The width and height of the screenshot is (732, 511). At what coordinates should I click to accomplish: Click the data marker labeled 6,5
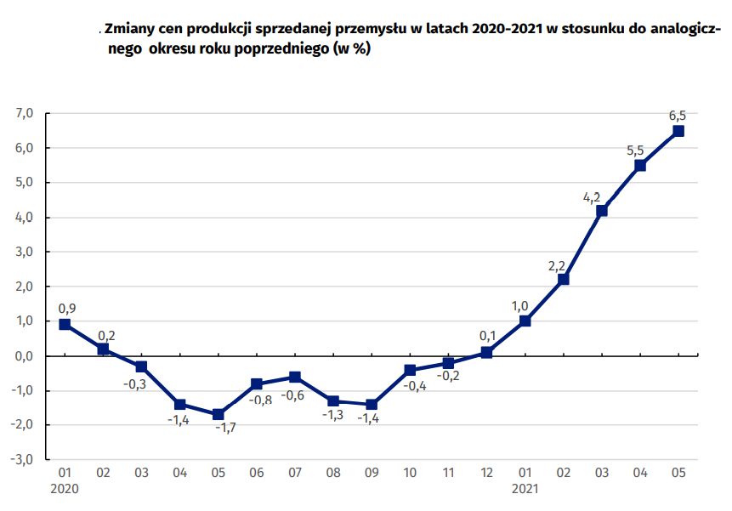point(678,131)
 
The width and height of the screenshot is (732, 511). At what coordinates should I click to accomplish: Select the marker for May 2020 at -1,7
point(218,414)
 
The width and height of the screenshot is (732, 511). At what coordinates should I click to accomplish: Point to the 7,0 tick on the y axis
point(24,113)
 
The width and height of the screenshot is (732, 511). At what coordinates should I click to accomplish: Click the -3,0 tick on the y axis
point(22,460)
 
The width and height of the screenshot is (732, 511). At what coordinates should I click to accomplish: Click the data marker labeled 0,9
point(65,324)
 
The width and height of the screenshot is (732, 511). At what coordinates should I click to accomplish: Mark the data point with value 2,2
point(563,279)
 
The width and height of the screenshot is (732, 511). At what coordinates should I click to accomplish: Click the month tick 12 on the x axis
point(486,472)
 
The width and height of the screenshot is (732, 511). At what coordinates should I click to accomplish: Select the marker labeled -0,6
point(294,377)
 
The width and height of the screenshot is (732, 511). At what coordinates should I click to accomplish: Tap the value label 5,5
point(635,151)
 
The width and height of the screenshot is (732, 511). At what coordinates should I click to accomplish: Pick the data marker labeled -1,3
point(333,400)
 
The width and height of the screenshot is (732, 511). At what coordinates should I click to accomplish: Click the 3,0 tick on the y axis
point(24,252)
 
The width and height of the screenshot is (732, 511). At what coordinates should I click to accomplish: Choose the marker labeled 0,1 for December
point(486,352)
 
